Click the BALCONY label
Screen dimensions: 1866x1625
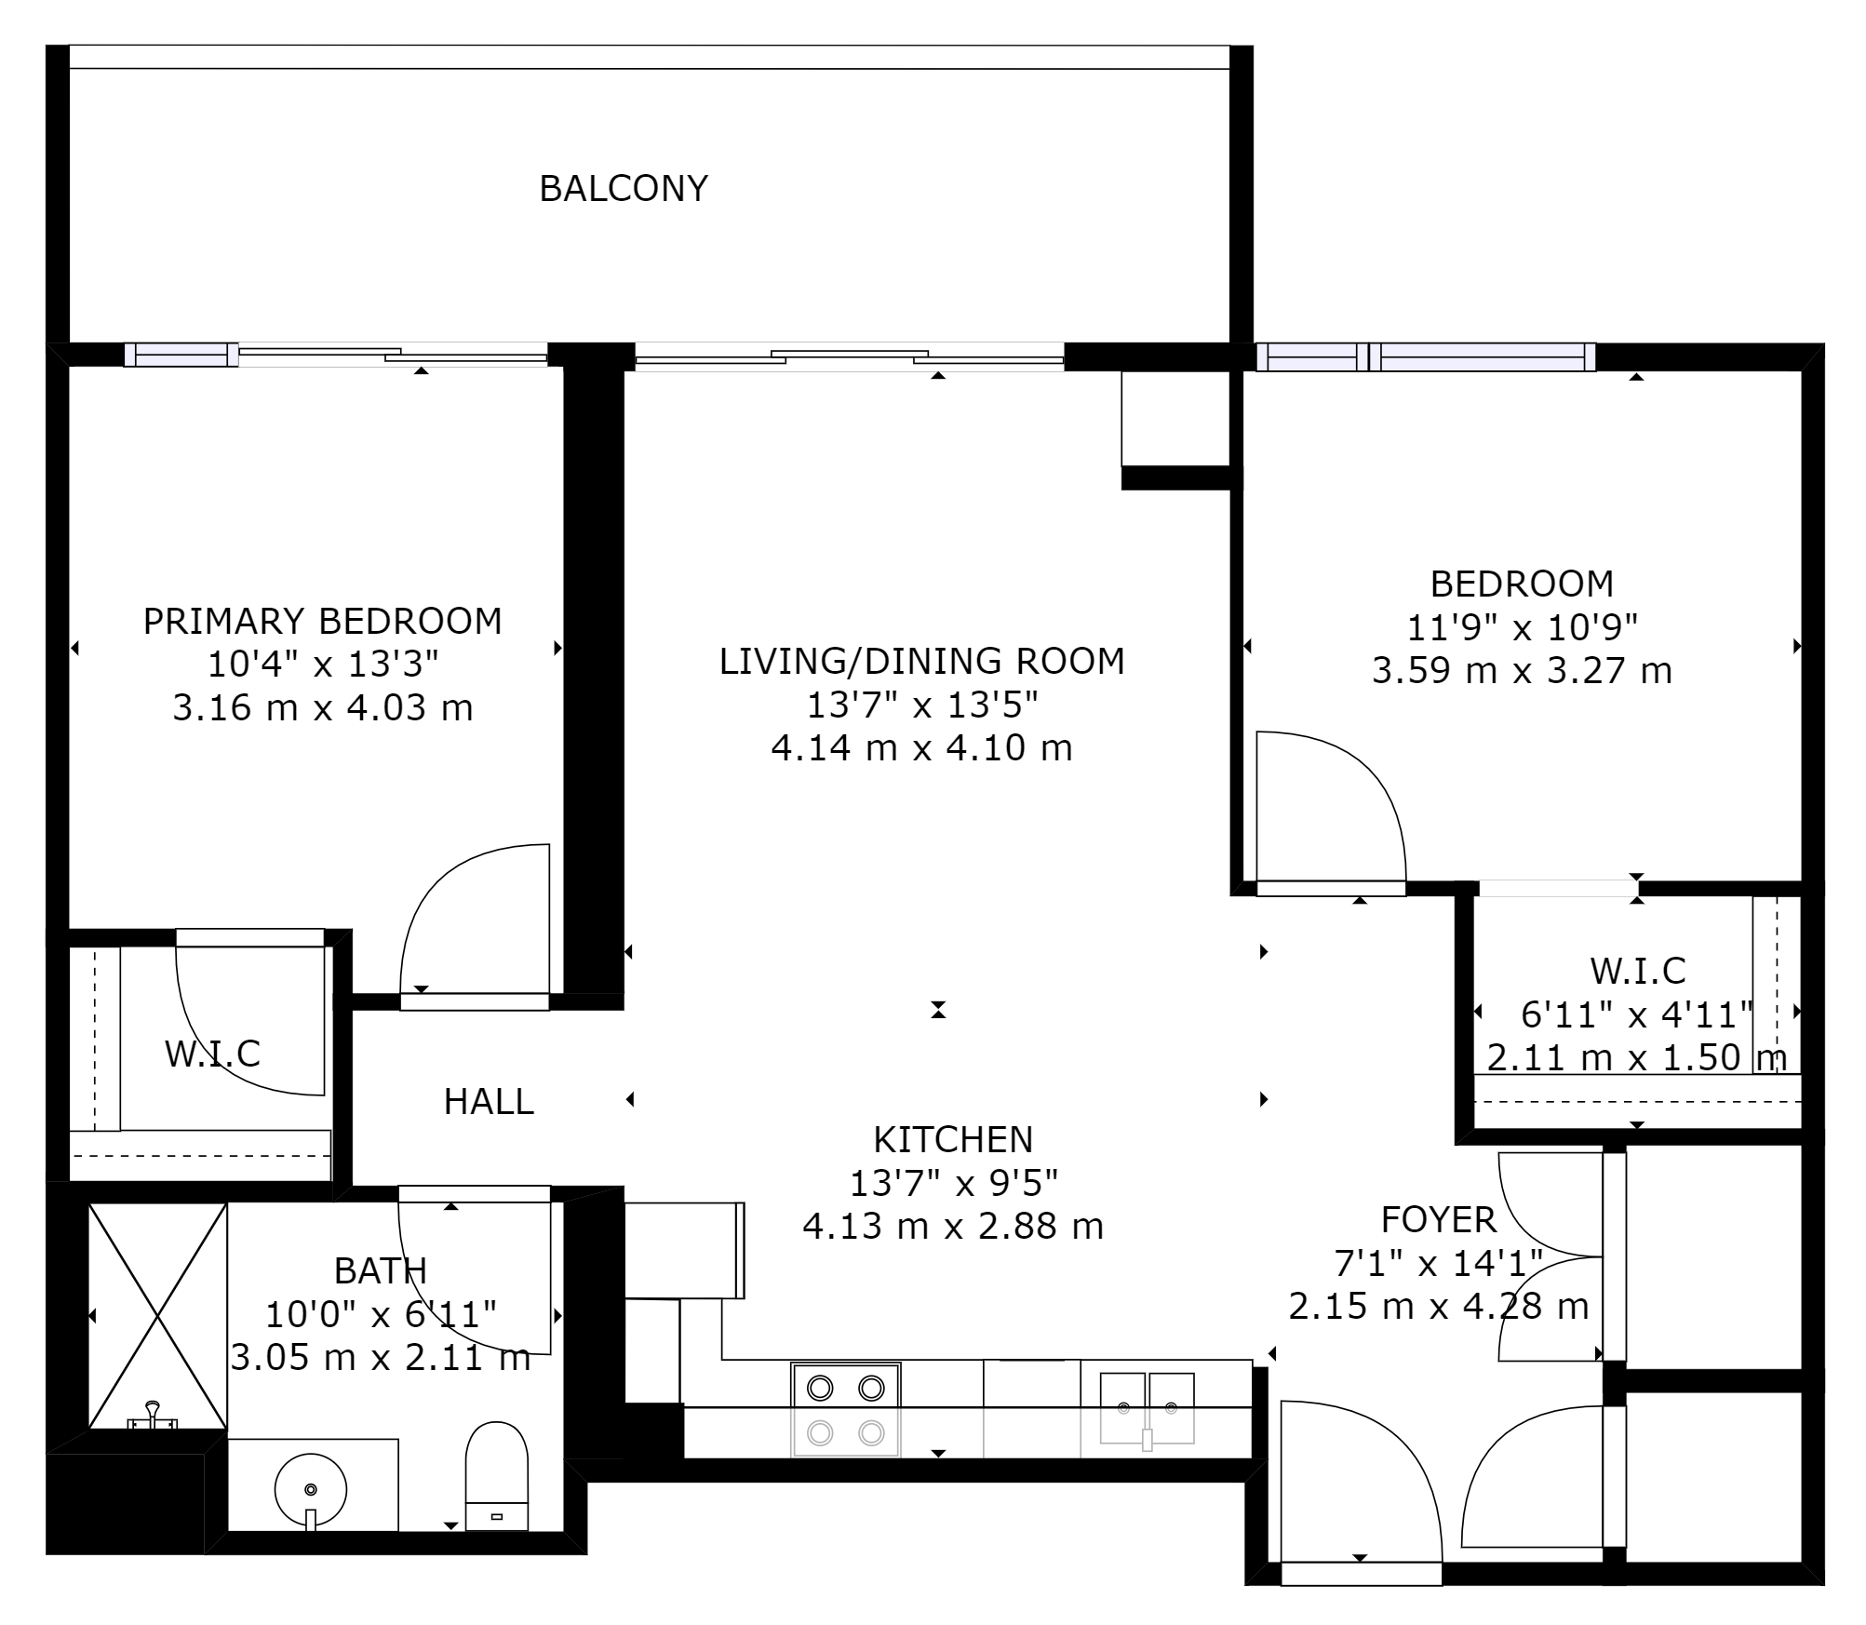tap(624, 189)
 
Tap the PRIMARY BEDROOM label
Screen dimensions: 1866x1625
tap(322, 621)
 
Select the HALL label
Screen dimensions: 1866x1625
tap(489, 1102)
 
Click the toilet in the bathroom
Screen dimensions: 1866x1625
tap(497, 1476)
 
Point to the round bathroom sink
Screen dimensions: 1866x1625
tap(311, 1489)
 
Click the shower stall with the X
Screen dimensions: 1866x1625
tap(158, 1316)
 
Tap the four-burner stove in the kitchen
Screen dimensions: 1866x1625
tap(846, 1410)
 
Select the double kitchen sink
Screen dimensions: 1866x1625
tap(1148, 1408)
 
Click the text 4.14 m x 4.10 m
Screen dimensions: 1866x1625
tap(921, 748)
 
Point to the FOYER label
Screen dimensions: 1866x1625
tap(1439, 1219)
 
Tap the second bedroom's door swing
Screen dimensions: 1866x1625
tap(1331, 806)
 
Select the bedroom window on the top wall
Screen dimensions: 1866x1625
tap(1426, 356)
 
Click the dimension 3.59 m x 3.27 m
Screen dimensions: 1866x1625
tap(1522, 671)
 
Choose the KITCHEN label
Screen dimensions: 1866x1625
tap(953, 1140)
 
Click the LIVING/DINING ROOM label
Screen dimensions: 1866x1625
tap(921, 662)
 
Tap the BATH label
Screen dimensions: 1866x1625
tap(381, 1271)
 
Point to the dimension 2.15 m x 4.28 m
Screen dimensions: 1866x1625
tap(1439, 1307)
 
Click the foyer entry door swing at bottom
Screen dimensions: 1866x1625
tap(1361, 1481)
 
